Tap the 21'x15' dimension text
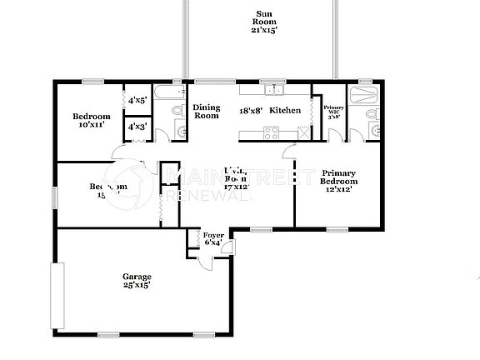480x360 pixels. (263, 30)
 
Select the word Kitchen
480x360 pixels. (285, 110)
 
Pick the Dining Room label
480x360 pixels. (206, 111)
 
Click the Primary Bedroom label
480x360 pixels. (339, 177)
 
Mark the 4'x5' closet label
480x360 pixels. (137, 101)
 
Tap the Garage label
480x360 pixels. (137, 277)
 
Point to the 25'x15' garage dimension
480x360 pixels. (137, 286)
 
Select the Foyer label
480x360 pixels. (213, 236)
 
